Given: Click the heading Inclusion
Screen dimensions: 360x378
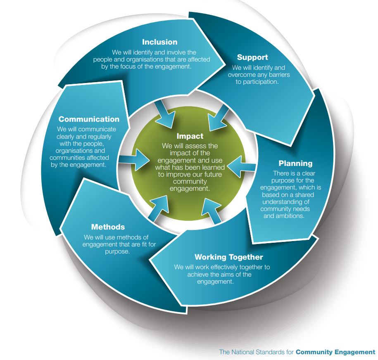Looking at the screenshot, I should (x=159, y=42).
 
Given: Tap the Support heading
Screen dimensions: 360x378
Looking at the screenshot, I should (x=252, y=57).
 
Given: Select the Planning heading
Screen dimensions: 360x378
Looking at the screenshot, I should (x=295, y=163).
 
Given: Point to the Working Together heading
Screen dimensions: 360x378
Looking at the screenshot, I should (x=229, y=258).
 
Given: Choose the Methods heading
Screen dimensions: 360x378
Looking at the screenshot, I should (x=108, y=227).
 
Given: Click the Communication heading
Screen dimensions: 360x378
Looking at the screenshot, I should (x=89, y=119).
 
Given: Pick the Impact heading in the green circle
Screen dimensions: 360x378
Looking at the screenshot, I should (x=190, y=136).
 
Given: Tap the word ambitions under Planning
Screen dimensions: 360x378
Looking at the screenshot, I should (x=290, y=216).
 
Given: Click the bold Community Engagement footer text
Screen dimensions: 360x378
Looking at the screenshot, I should (x=335, y=352).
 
